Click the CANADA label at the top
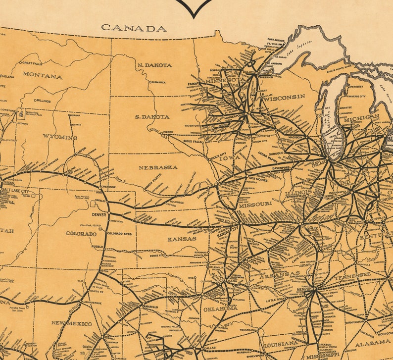pyautogui.click(x=134, y=28)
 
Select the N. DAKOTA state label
pyautogui.click(x=155, y=65)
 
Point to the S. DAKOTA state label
pyautogui.click(x=152, y=117)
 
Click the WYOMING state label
pyautogui.click(x=60, y=137)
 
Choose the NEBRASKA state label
pyautogui.click(x=158, y=167)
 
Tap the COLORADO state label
pyautogui.click(x=81, y=233)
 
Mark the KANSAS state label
pyautogui.click(x=182, y=239)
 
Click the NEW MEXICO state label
pyautogui.click(x=72, y=323)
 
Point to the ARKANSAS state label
pyautogui.click(x=280, y=273)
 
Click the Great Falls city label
pyautogui.click(x=33, y=63)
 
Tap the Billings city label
pyautogui.click(x=43, y=101)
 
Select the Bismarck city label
pyautogui.click(x=158, y=82)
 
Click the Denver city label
pyautogui.click(x=99, y=214)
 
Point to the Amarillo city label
pyautogui.click(x=150, y=307)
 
